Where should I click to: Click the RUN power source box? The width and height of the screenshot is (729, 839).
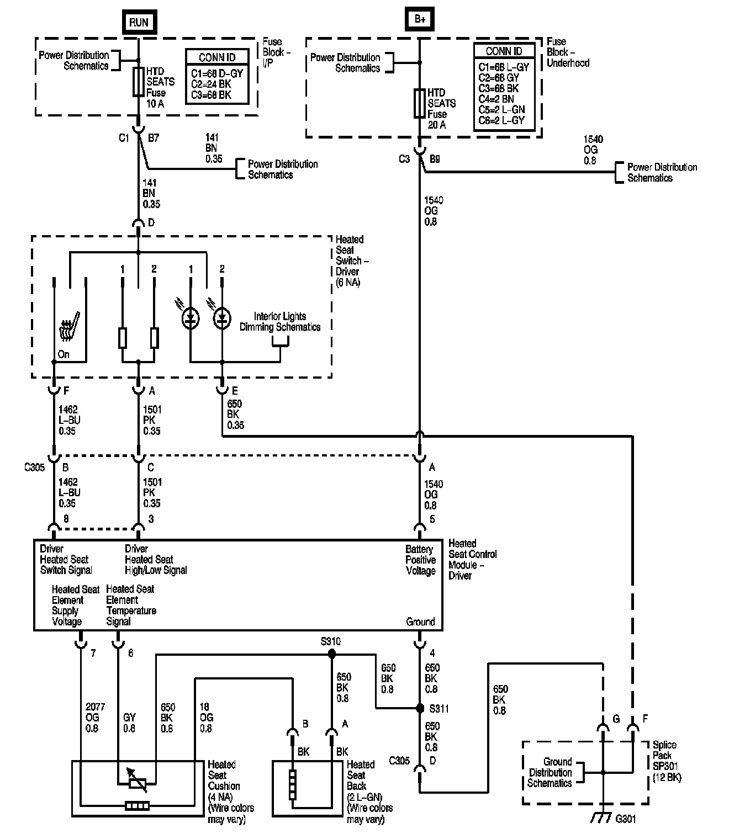point(139,22)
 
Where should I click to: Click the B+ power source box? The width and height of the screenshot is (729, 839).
point(419,19)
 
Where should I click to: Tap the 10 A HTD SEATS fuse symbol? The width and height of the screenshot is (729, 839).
point(138,82)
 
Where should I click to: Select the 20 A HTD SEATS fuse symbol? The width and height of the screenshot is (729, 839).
point(419,103)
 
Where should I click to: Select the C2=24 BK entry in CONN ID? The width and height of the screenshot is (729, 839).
point(211,84)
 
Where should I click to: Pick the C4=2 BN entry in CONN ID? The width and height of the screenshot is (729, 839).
point(496,99)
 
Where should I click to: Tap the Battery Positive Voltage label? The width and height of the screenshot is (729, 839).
point(420,560)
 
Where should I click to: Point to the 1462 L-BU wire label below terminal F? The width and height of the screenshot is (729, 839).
point(70,420)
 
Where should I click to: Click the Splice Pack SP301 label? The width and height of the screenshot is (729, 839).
point(667,761)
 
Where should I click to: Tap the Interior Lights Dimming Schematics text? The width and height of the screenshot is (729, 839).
point(280,321)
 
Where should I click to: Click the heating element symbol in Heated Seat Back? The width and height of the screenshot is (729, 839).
point(293,785)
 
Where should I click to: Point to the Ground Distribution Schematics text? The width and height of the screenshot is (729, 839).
point(550,772)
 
